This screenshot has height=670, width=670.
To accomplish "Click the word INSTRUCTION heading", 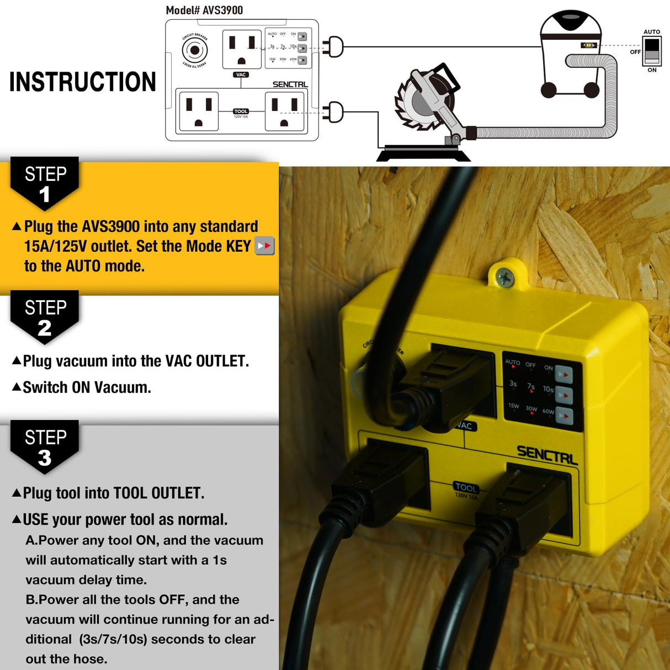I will [83, 82].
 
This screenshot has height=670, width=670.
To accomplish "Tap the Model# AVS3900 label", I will [204, 10].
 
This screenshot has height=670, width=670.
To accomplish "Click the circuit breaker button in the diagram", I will [194, 51].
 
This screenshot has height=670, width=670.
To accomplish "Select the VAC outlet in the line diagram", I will [242, 49].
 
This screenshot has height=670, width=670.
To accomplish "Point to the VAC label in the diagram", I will [241, 75].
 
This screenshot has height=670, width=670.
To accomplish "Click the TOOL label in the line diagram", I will [241, 111].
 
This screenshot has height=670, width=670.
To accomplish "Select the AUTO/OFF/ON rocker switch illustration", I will [652, 51].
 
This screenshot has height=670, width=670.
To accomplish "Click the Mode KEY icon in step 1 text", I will [264, 246].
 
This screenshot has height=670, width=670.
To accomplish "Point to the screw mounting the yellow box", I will [504, 278].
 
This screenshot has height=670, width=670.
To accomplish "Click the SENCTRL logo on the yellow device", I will [546, 455].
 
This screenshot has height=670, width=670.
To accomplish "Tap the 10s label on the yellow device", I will [547, 389].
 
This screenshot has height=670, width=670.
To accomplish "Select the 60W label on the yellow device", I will [547, 411].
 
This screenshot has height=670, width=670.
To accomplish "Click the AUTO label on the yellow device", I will [512, 362].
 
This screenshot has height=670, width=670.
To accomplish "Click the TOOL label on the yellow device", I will [465, 487].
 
